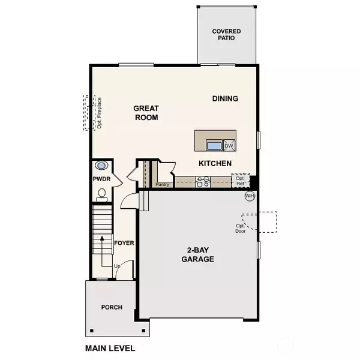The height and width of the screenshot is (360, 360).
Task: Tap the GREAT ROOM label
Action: pyautogui.click(x=146, y=113)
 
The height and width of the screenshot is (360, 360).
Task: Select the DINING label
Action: pyautogui.click(x=225, y=99)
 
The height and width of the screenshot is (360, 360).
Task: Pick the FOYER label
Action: pyautogui.click(x=124, y=243)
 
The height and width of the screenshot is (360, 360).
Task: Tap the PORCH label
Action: pyautogui.click(x=112, y=307)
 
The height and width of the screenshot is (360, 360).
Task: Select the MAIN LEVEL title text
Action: pyautogui.click(x=110, y=348)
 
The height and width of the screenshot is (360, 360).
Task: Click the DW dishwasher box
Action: pyautogui.click(x=229, y=145)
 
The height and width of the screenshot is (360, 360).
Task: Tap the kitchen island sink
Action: pyautogui.click(x=213, y=145)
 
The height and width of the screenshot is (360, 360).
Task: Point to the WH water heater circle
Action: pyautogui.click(x=250, y=196)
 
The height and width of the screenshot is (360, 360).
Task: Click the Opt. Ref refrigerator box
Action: pyautogui.click(x=240, y=181)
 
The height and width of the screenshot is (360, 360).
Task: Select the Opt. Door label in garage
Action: pyautogui.click(x=240, y=228)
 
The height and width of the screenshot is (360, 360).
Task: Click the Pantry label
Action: pyautogui.click(x=161, y=185)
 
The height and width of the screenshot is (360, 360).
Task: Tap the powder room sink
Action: pyautogui.click(x=101, y=166)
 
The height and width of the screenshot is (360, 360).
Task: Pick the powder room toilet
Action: pyautogui.click(x=101, y=193)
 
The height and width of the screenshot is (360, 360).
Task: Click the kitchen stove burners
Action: pyautogui.click(x=203, y=181)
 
